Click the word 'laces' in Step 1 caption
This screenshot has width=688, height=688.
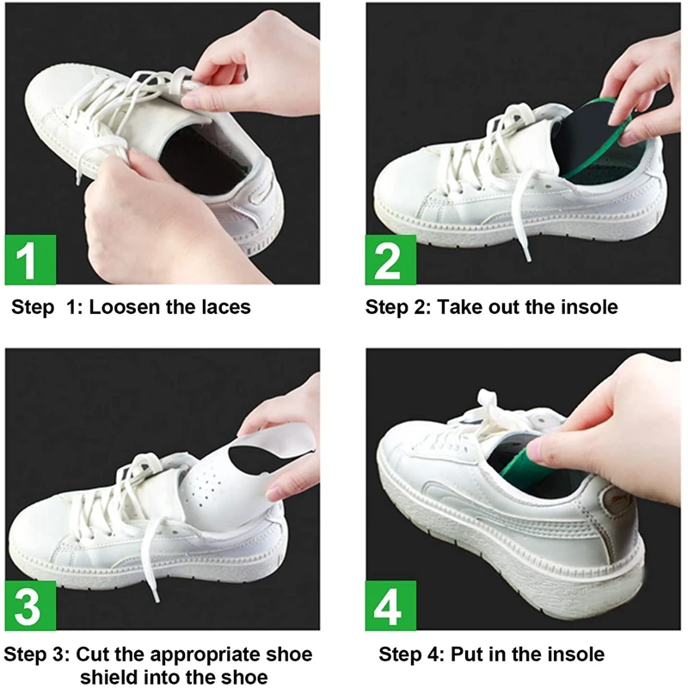(223, 307)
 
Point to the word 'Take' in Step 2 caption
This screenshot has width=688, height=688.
(461, 307)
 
